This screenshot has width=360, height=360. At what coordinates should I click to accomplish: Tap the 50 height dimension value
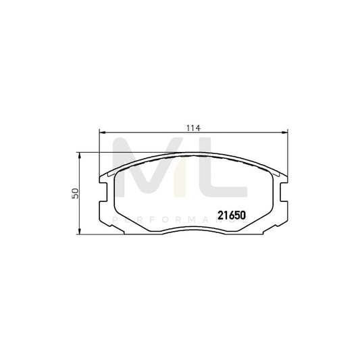pos(76,193)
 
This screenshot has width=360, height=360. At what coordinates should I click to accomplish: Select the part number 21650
pos(230,216)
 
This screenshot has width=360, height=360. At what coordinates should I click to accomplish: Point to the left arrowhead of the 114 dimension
pos(101,133)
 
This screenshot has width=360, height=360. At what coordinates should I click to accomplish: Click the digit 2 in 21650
pos(220,216)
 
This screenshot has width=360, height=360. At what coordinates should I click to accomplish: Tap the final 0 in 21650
pos(241,216)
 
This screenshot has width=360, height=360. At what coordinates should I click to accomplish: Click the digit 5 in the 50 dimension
pos(76,197)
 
